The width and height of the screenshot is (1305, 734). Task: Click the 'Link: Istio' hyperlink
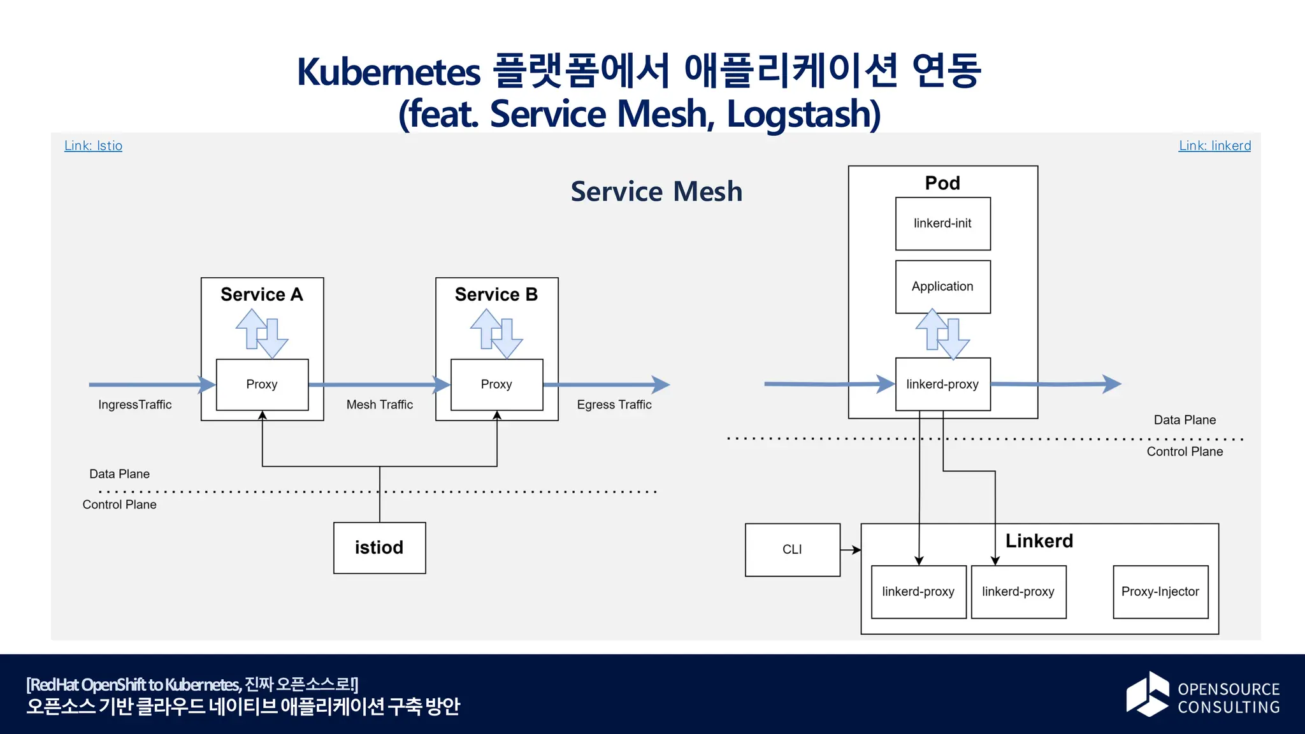pyautogui.click(x=93, y=146)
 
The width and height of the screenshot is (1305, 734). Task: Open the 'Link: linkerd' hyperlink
pyautogui.click(x=1215, y=146)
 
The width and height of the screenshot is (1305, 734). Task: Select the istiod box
pyautogui.click(x=379, y=548)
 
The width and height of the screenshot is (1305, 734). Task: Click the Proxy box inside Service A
pyautogui.click(x=262, y=384)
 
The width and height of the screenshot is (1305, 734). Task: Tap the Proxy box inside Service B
pyautogui.click(x=496, y=384)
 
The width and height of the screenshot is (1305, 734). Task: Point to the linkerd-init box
pyautogui.click(x=942, y=224)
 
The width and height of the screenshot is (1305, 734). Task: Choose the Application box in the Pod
pyautogui.click(x=942, y=287)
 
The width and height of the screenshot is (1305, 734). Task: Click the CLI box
pyautogui.click(x=792, y=550)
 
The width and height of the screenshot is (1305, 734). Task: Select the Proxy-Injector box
pyautogui.click(x=1160, y=592)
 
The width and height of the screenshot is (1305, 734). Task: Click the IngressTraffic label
pyautogui.click(x=134, y=405)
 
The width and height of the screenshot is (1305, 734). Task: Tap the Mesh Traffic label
pyautogui.click(x=379, y=405)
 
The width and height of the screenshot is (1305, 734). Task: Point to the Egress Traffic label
pyautogui.click(x=614, y=405)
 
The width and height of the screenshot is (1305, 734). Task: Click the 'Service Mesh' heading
pyautogui.click(x=656, y=192)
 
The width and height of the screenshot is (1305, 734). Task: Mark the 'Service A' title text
pyautogui.click(x=261, y=294)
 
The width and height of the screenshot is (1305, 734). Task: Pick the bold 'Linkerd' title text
pyautogui.click(x=1039, y=541)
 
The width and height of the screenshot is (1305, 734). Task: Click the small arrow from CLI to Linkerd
pyautogui.click(x=851, y=550)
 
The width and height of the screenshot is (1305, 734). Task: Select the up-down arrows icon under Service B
pyautogui.click(x=496, y=333)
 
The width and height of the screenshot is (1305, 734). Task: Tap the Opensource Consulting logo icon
pyautogui.click(x=1148, y=694)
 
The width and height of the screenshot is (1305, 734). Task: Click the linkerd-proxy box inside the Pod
pyautogui.click(x=942, y=384)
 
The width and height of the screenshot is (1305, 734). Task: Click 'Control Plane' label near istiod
pyautogui.click(x=119, y=505)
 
